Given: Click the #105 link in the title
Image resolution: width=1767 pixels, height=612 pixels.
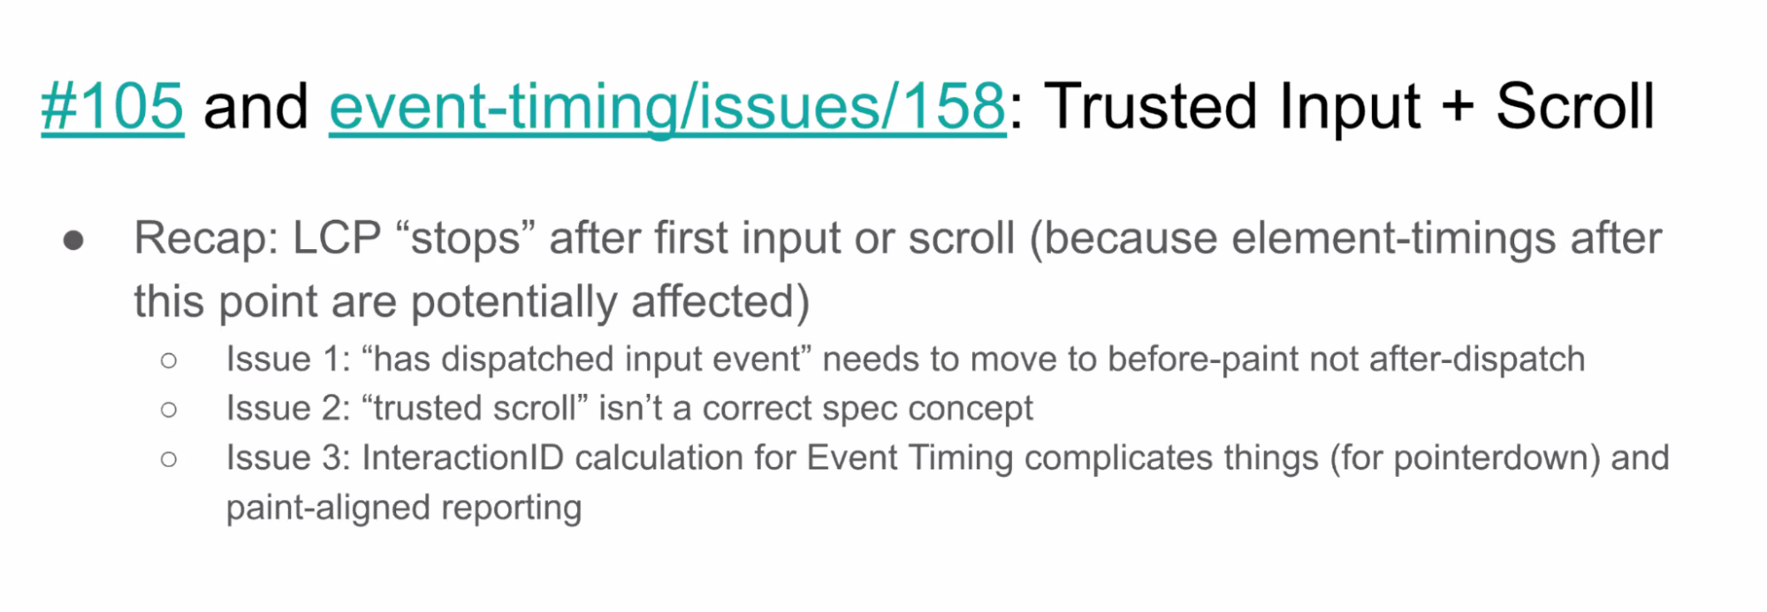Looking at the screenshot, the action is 112,107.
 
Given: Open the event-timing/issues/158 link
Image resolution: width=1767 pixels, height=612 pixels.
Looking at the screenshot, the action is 667,107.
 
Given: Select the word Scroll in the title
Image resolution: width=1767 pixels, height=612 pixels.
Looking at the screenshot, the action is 1575,106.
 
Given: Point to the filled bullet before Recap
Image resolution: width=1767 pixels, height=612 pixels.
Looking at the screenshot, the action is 73,240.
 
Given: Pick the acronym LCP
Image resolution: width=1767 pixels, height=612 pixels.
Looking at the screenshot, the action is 337,238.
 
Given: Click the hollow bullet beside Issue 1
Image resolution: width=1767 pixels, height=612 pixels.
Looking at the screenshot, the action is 169,360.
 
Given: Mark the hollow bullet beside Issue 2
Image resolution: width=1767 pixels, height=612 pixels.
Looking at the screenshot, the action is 169,410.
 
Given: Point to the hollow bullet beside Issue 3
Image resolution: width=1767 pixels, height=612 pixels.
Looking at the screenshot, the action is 169,459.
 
